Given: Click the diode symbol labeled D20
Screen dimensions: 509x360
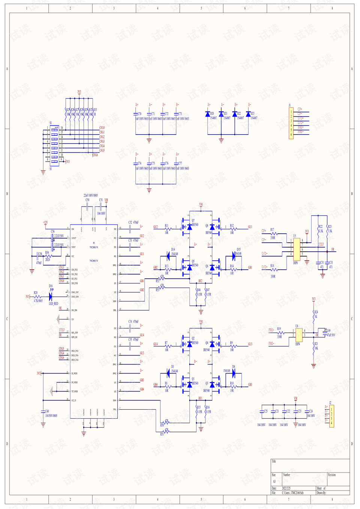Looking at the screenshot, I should (x=208, y=114).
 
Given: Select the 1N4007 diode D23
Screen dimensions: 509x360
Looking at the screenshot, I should (x=248, y=114).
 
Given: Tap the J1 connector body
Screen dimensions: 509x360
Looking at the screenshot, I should (x=291, y=123).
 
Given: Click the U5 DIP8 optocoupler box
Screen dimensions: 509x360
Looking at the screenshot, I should (x=297, y=249).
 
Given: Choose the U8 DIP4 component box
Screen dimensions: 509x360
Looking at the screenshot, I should (x=299, y=335).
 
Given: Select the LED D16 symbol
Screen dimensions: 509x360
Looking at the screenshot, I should (x=51, y=297).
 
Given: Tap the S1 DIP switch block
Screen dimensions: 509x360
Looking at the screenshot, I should (x=54, y=146).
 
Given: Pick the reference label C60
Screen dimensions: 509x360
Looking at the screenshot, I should (x=47, y=411).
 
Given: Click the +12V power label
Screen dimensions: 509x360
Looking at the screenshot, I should (x=45, y=222).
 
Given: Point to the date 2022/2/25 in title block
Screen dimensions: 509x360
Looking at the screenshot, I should (x=286, y=488).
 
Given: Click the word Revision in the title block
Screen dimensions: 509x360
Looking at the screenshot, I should (x=332, y=475).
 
